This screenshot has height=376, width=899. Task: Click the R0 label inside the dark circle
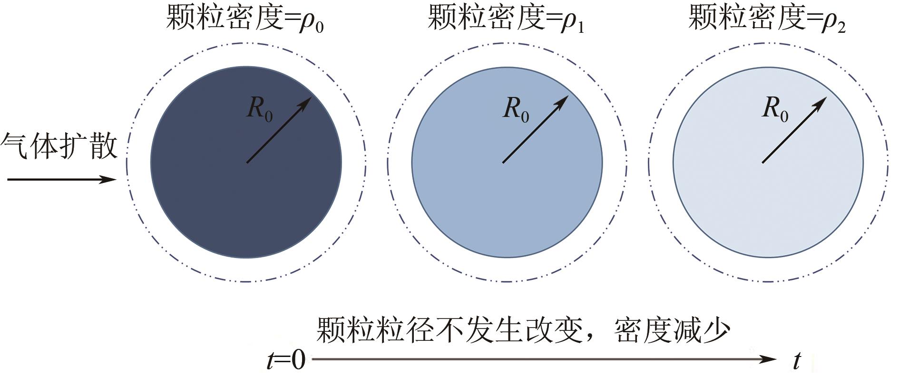(259, 109)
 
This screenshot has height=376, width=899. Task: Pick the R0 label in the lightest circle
(775, 109)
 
